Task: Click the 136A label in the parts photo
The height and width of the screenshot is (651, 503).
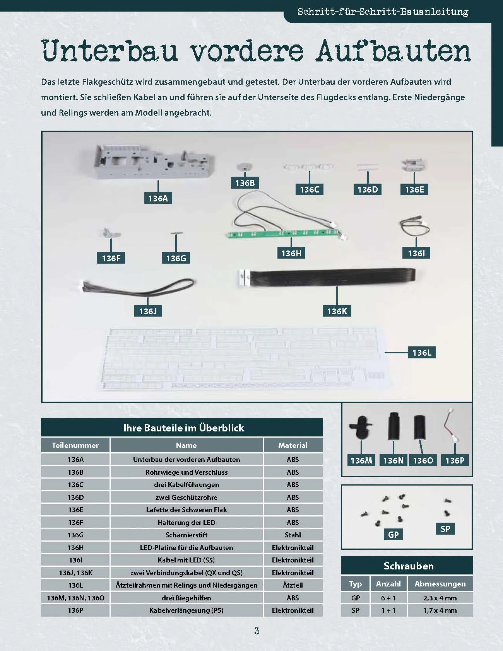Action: click(158, 198)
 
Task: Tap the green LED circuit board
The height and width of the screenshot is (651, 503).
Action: click(285, 234)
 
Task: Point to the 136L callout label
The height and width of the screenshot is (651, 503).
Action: click(422, 353)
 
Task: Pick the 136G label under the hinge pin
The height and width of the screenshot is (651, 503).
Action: click(176, 258)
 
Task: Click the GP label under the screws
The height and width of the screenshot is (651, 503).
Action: click(393, 535)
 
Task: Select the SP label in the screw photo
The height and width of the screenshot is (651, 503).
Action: click(445, 529)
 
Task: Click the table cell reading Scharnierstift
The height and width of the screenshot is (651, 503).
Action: click(186, 535)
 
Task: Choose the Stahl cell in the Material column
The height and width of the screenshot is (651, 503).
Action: click(293, 535)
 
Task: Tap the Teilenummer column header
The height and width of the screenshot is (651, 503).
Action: click(75, 445)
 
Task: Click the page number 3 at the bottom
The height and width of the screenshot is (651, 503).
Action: click(257, 631)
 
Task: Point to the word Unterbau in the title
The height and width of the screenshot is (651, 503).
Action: click(109, 51)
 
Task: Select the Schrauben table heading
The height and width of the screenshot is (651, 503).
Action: click(409, 566)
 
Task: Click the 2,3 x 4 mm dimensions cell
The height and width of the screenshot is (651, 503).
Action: click(440, 598)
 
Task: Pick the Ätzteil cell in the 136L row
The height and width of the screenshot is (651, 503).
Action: click(293, 585)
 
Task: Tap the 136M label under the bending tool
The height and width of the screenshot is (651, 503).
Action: click(361, 460)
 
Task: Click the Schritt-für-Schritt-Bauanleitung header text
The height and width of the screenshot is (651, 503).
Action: click(383, 12)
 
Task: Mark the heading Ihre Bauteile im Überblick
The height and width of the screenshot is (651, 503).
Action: click(184, 428)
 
